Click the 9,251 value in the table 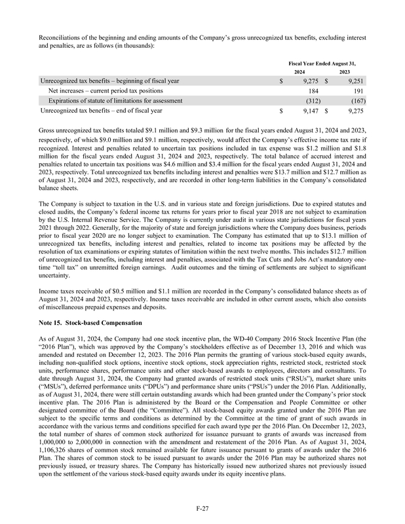(354, 81)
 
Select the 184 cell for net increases (313, 90)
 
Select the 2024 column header (299, 71)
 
